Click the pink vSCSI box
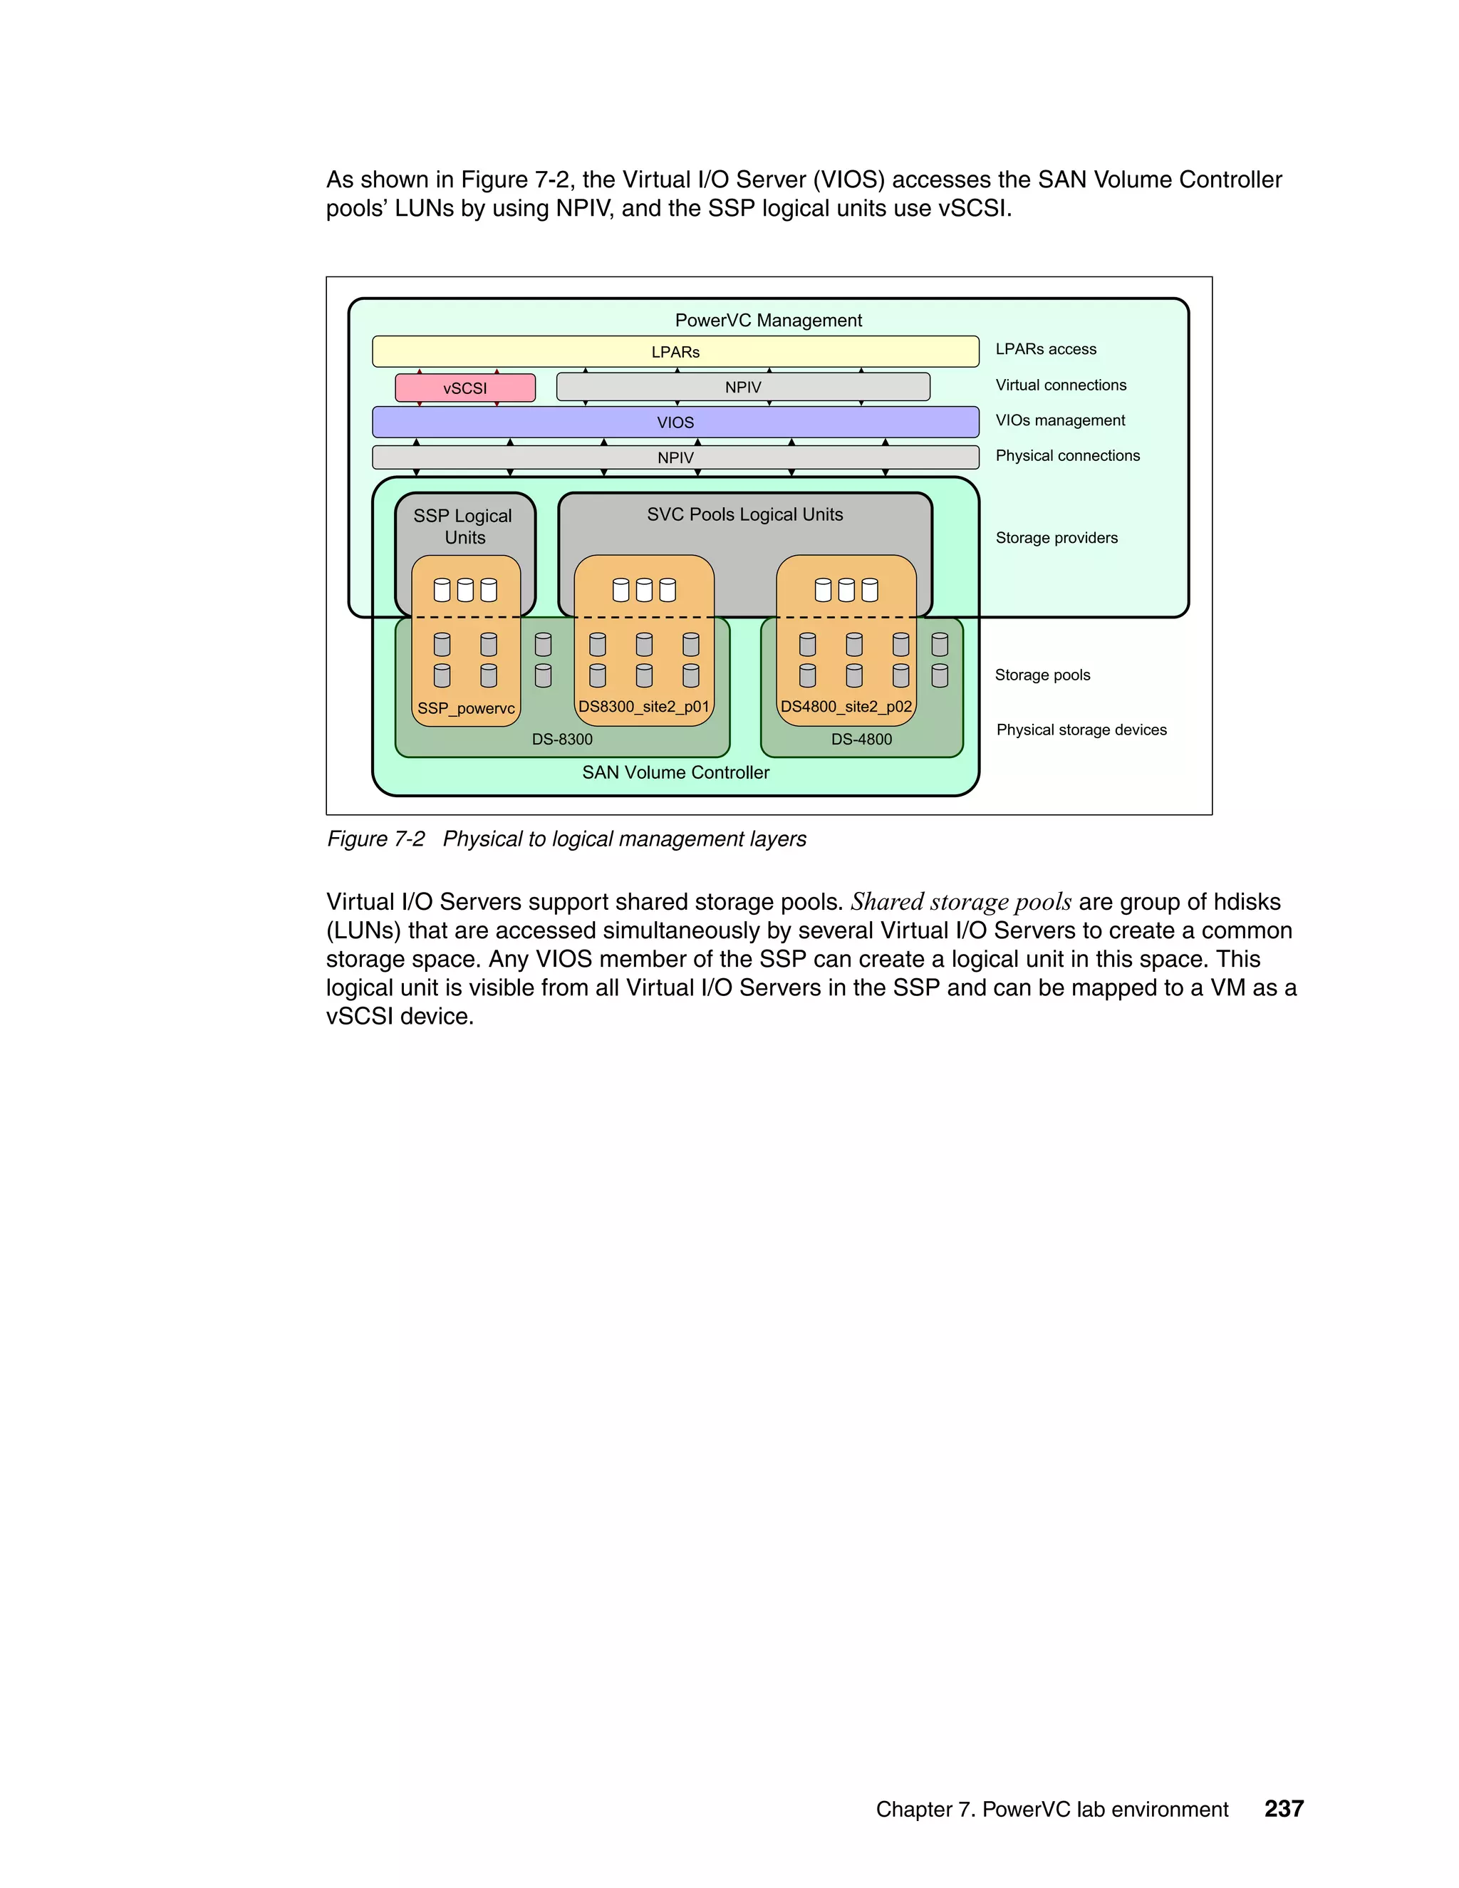click(x=465, y=388)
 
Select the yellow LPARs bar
click(x=675, y=352)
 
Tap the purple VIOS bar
click(x=675, y=422)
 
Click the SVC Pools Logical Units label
click(x=744, y=514)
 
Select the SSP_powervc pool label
click(x=466, y=708)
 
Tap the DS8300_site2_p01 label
click(x=644, y=706)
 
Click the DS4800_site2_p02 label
click(x=846, y=706)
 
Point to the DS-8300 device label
click(x=562, y=739)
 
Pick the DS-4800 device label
click(x=861, y=739)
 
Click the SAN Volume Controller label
click(x=675, y=772)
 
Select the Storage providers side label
click(x=1056, y=538)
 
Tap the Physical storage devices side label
click(x=1081, y=730)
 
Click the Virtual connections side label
click(x=1061, y=385)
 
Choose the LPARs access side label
click(x=1046, y=349)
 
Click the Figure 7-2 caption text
click(x=566, y=839)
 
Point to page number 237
click(x=1284, y=1808)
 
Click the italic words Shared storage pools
click(x=960, y=902)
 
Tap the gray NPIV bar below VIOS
click(x=675, y=457)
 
